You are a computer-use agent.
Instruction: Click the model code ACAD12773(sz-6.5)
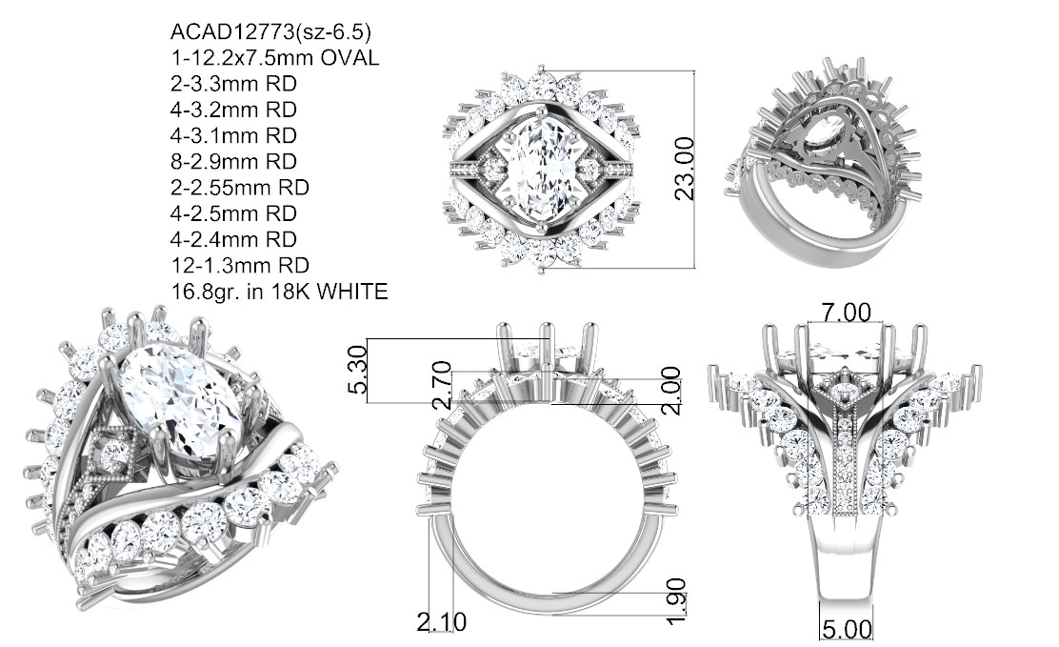tap(270, 31)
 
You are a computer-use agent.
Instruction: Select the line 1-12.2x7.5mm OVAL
tap(275, 57)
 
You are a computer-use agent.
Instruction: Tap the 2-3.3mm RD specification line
tap(233, 84)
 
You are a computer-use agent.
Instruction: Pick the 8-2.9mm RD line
tap(233, 162)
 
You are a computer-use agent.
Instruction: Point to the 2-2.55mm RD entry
tap(240, 188)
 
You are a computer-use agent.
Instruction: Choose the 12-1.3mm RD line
tap(240, 265)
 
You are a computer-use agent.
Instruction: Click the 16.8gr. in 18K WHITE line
tap(280, 292)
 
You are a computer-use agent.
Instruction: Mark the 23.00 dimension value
tap(684, 169)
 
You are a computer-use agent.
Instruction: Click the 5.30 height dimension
tap(358, 369)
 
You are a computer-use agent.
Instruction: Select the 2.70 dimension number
tap(442, 385)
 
